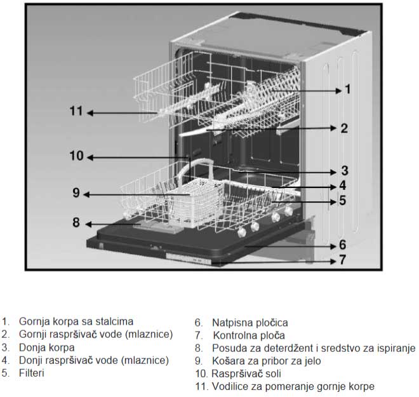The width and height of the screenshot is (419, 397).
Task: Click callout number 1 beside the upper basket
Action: [347, 89]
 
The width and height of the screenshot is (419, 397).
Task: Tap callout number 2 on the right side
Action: [344, 128]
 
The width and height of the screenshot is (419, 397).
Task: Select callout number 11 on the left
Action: [76, 111]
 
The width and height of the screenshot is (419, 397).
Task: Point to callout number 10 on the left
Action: [76, 156]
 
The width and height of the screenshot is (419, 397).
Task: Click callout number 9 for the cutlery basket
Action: [76, 192]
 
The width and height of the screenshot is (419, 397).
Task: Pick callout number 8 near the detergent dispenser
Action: [76, 222]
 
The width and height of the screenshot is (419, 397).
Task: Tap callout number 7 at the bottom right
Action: [343, 260]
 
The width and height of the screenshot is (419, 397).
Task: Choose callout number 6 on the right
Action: [343, 245]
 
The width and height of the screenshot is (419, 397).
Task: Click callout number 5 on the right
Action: [343, 200]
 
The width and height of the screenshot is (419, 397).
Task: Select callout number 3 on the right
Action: [345, 171]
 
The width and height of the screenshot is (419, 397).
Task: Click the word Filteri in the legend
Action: [32, 373]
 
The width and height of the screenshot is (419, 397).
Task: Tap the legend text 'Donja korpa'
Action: [47, 347]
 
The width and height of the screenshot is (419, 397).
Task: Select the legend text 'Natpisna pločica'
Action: [250, 323]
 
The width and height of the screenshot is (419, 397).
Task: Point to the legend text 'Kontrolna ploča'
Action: [249, 335]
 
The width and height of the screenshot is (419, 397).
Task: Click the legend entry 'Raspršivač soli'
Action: [246, 373]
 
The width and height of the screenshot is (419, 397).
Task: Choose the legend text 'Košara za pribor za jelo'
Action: [267, 361]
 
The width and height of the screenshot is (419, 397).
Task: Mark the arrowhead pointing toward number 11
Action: [90, 113]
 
